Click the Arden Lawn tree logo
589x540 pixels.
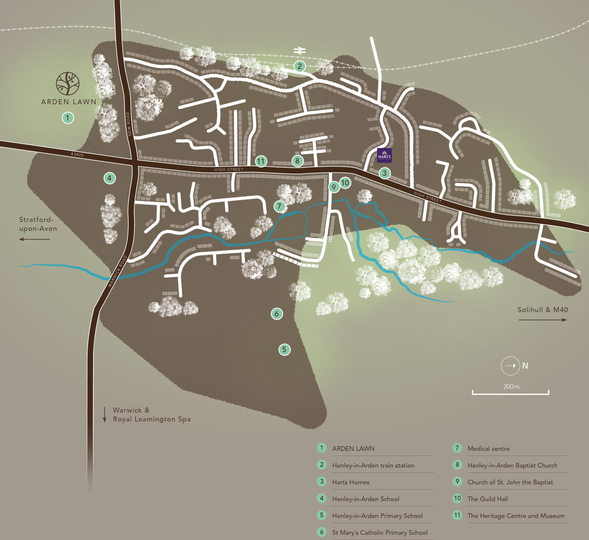(x=68, y=84)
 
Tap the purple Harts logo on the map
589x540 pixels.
(x=385, y=155)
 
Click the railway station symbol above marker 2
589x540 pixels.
(x=300, y=51)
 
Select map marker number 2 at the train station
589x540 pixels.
(x=300, y=66)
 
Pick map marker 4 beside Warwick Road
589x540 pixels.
(x=110, y=178)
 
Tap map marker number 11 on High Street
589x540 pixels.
(x=261, y=161)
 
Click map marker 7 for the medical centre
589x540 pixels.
(x=280, y=206)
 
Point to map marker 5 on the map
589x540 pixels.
(x=284, y=349)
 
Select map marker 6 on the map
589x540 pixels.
(x=276, y=314)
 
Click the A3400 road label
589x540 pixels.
(x=77, y=154)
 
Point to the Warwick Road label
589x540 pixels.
(x=118, y=271)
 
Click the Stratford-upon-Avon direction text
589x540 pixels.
(x=38, y=224)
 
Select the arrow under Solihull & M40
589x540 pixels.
(x=542, y=320)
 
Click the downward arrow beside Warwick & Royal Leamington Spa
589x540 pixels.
(x=104, y=415)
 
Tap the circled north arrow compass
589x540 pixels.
(x=510, y=365)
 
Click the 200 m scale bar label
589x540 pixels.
(x=511, y=386)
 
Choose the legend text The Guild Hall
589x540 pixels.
(x=487, y=499)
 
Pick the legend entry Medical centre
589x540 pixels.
(x=488, y=449)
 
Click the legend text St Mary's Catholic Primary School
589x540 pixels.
(x=380, y=533)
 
